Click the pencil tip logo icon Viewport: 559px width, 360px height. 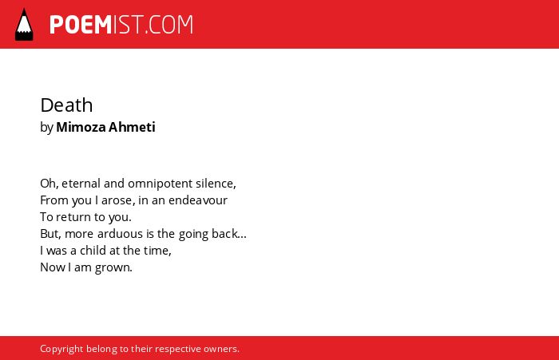[24, 24]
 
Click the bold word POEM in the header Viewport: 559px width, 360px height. [81, 25]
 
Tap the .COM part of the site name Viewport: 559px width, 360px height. [169, 25]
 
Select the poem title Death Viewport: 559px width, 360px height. [66, 105]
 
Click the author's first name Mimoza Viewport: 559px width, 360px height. [81, 127]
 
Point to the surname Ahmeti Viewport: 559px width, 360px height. [132, 127]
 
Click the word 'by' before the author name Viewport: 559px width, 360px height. [46, 128]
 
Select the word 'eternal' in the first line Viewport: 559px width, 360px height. [81, 184]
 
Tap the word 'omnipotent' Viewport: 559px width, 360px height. [160, 184]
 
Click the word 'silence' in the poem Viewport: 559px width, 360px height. [215, 184]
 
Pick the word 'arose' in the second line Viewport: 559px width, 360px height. [117, 200]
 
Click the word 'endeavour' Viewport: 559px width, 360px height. [198, 200]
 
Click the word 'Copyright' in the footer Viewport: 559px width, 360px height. [61, 349]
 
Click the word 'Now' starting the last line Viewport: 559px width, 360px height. [53, 267]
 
